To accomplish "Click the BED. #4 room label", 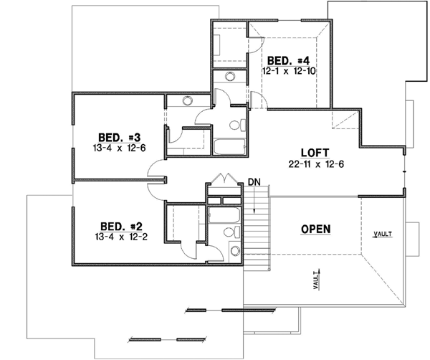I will (287, 61).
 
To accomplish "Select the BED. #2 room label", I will (117, 224).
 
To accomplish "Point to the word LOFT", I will (315, 153).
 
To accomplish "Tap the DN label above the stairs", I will (254, 182).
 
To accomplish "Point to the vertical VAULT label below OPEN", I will (316, 280).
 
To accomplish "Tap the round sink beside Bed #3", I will (188, 102).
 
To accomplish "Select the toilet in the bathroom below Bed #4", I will (234, 124).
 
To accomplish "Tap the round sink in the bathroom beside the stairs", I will (234, 250).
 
